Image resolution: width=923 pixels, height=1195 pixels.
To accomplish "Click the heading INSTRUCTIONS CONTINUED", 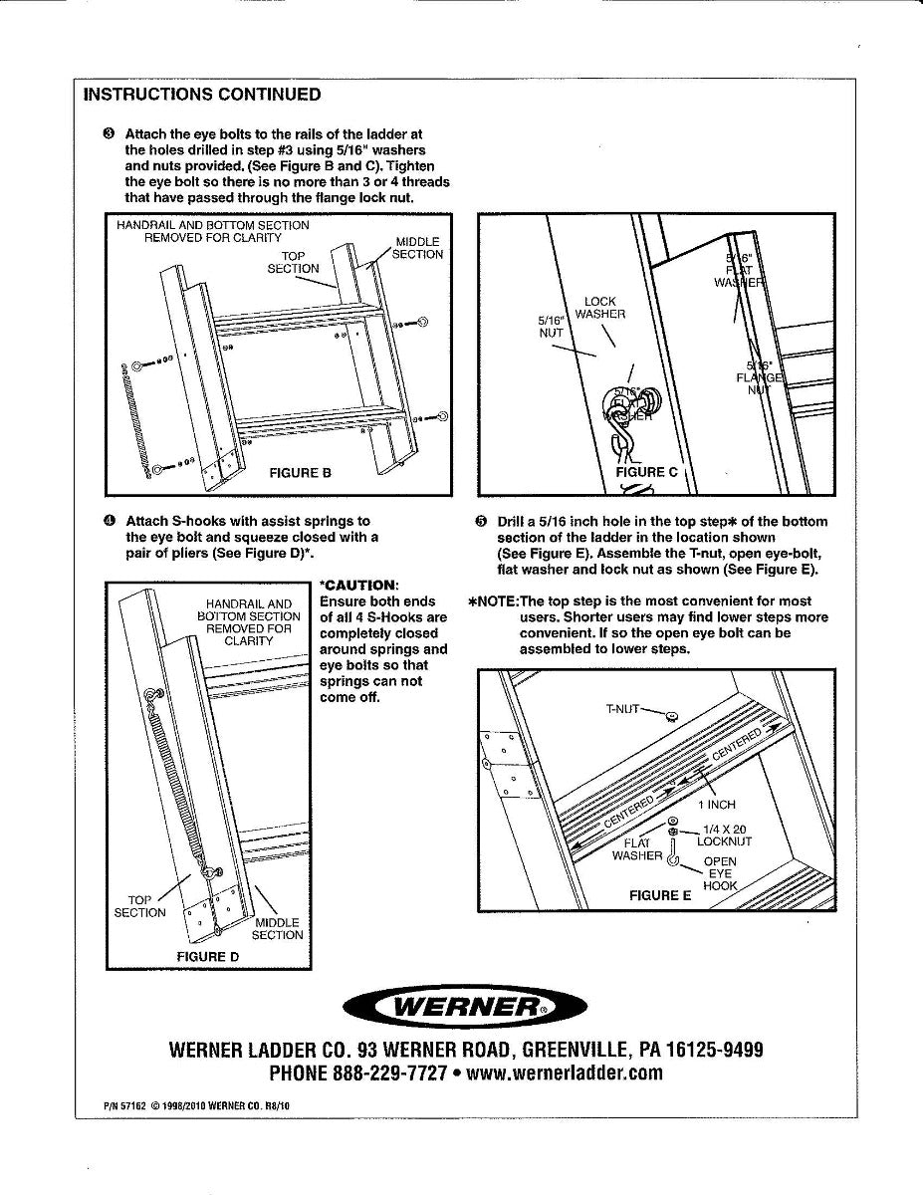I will click(202, 95).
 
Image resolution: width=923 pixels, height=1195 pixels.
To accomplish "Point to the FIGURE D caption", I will click(207, 956).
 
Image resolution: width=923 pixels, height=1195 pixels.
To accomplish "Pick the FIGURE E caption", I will click(659, 895).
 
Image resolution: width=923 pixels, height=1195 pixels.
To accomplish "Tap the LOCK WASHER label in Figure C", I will click(600, 308).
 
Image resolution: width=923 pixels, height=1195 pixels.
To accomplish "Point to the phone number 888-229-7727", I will click(386, 1074).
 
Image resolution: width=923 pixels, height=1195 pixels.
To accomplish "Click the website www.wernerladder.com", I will click(565, 1074).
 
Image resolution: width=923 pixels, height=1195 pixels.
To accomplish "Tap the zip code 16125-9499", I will click(714, 1051).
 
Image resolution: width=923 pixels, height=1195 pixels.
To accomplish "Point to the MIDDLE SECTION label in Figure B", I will click(416, 248).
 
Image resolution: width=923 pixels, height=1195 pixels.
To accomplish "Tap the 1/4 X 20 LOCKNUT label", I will click(726, 835).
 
